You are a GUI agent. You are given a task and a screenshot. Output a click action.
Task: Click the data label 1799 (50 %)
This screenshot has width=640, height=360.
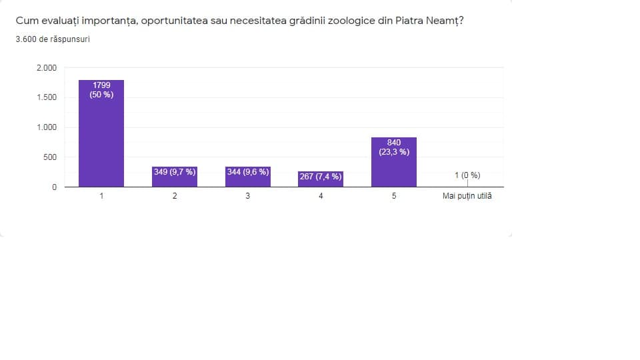101,90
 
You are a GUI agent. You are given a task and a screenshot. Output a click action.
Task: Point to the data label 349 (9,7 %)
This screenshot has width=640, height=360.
175,172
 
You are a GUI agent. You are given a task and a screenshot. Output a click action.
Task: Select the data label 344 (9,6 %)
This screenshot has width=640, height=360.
248,172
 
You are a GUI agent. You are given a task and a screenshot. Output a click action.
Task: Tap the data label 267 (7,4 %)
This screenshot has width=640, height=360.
321,177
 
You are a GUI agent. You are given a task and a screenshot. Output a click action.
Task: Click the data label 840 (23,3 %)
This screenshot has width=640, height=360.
394,147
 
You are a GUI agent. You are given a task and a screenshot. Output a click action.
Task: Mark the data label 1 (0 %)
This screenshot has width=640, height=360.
467,175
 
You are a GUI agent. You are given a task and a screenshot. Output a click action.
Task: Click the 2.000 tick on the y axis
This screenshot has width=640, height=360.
47,68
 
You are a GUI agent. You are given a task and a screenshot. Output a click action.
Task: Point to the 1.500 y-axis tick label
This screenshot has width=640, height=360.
47,98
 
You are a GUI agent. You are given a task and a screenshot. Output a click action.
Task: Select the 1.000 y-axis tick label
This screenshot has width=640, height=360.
47,127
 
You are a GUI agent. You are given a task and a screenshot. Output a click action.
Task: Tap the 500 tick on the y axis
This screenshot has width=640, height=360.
50,157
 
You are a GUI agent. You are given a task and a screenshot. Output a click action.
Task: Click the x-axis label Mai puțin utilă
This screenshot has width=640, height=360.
467,197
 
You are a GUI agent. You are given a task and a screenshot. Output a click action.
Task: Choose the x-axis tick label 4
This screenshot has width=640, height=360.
321,197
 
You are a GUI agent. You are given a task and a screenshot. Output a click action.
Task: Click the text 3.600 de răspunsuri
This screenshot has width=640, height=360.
53,39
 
